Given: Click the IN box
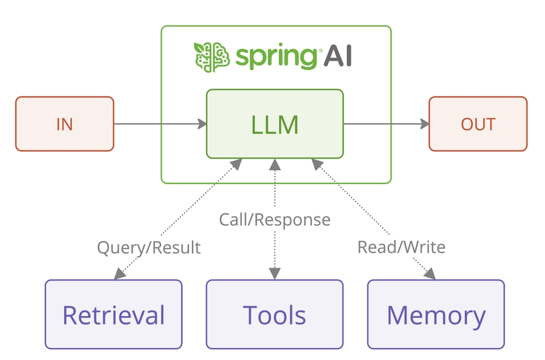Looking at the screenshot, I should [x=64, y=124].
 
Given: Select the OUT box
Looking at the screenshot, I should [x=477, y=124].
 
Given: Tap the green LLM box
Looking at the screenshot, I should [x=275, y=124].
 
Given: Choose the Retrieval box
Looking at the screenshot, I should [x=114, y=314].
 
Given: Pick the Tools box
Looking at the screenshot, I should [x=275, y=314].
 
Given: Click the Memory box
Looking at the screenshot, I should [x=436, y=314].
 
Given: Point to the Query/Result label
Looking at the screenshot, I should [x=149, y=248].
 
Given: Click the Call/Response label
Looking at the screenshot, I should [x=275, y=219].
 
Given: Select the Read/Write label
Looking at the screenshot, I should [x=401, y=247].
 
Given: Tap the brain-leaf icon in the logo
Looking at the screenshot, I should [x=211, y=56].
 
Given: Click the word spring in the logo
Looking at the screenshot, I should [x=276, y=57].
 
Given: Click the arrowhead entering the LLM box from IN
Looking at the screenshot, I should [x=202, y=124].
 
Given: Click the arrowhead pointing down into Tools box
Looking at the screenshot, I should [x=275, y=274].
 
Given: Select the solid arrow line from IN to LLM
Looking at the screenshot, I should [x=153, y=124].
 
